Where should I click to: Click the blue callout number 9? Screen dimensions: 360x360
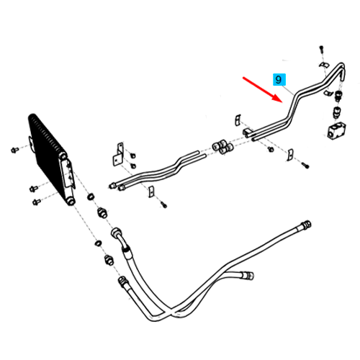[279, 79]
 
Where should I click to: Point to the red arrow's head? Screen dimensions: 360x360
[278, 98]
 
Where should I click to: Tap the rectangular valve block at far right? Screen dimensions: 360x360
[336, 131]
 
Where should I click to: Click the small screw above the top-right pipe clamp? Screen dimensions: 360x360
[322, 49]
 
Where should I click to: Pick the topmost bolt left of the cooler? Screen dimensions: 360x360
[14, 150]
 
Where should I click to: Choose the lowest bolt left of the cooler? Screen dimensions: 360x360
[37, 202]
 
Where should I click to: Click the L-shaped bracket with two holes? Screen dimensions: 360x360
[118, 154]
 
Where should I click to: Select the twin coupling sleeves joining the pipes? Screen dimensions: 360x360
[222, 146]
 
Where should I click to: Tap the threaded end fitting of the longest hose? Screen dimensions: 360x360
[307, 225]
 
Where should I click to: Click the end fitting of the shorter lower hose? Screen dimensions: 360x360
[248, 275]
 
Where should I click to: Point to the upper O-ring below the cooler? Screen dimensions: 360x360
[91, 197]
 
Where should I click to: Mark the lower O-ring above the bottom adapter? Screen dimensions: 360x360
[98, 243]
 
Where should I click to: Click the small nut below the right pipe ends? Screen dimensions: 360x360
[271, 149]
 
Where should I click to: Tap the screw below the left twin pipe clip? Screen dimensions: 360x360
[164, 205]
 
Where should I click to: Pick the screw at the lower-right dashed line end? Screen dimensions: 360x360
[305, 165]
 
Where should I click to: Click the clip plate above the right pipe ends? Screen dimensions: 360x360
[238, 120]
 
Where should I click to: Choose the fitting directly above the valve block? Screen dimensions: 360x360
[337, 112]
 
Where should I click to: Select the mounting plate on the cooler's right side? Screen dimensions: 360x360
[68, 172]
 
